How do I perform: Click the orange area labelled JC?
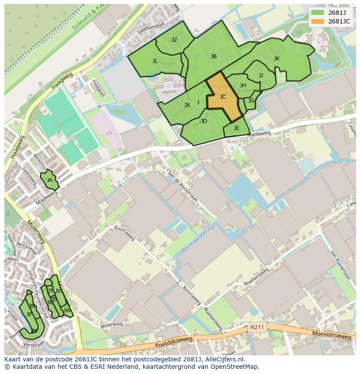coord(223,97)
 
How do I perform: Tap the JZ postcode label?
coord(174,40)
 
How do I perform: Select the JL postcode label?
coord(155,61)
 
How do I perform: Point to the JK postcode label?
coord(277,59)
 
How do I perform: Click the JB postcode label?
coord(213,56)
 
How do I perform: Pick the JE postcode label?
coord(237,128)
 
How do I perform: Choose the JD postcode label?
coord(204,121)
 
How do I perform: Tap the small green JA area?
coord(50,180)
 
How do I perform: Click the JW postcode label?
coord(67,311)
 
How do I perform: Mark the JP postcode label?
coord(29,314)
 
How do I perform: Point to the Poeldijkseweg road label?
coord(173,343)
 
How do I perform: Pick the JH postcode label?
coord(243,86)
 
